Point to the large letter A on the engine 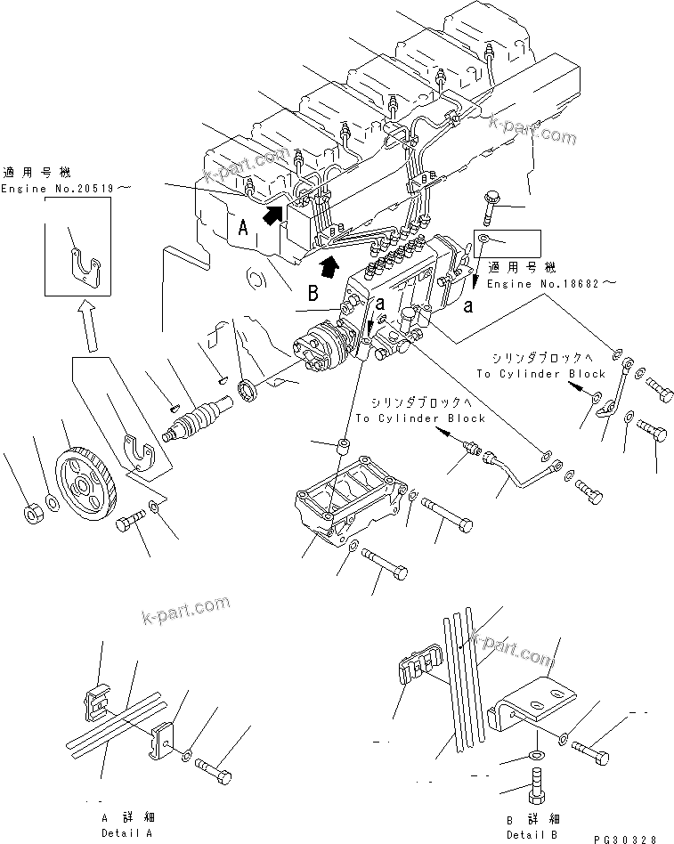point(241,226)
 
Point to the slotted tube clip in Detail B point(415,669)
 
